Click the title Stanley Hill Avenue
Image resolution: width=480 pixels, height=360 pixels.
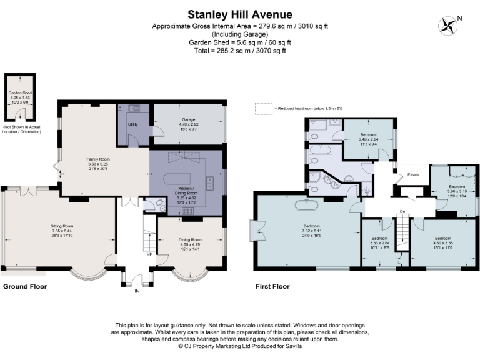[x=240, y=14]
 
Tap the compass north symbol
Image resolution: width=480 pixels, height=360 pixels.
[x=447, y=26]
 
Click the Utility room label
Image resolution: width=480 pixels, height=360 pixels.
[x=132, y=124]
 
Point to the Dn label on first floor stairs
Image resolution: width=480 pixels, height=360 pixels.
[x=402, y=212]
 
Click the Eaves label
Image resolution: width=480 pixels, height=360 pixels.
[x=413, y=175]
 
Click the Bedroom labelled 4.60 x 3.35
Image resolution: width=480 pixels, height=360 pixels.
[x=442, y=242]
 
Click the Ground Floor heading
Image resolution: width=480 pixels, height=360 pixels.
[x=25, y=287]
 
